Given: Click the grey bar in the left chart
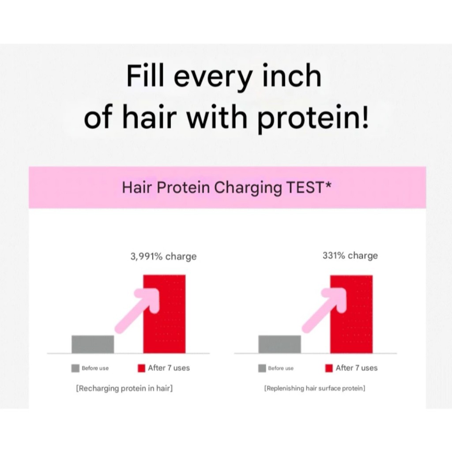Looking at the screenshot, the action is click(93, 344).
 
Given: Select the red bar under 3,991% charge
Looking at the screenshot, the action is click(164, 314).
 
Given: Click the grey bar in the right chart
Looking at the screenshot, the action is click(279, 344).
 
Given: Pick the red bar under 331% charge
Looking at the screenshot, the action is click(351, 314).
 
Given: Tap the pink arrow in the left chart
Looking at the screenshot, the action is click(137, 311).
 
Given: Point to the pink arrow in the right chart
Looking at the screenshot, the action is click(324, 311).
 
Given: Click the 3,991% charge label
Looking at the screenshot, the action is click(163, 256).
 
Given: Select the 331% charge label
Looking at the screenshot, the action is click(350, 256).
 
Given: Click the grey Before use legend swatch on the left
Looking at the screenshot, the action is click(75, 368).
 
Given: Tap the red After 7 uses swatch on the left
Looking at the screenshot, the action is click(142, 368).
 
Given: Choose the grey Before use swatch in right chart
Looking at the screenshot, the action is click(262, 368).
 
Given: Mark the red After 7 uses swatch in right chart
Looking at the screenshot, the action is click(329, 368).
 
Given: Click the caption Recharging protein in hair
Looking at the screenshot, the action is click(124, 388).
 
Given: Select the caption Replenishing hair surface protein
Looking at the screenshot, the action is click(315, 388).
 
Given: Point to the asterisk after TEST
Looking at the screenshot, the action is click(328, 184).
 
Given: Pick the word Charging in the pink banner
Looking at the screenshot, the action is click(248, 188).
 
